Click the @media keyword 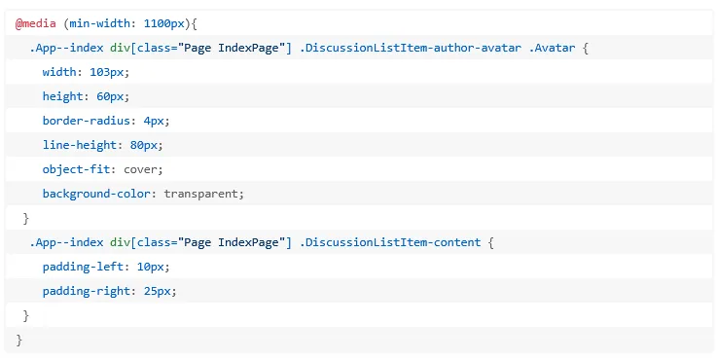tap(36, 23)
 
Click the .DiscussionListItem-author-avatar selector tap(411, 48)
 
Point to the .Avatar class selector tap(552, 48)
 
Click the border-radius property tap(87, 121)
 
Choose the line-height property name tap(80, 145)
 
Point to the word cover tap(140, 169)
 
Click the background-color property tap(96, 194)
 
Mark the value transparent tap(201, 194)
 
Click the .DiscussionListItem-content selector tap(390, 242)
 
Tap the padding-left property tap(83, 267)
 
